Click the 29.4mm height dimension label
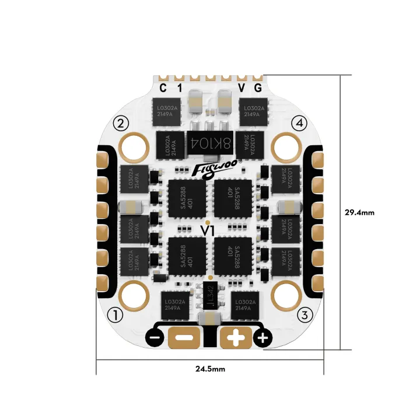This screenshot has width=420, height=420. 359,212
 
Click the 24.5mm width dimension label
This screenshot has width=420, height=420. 211,369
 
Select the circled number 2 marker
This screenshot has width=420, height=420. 121,123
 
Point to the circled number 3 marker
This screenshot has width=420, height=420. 304,315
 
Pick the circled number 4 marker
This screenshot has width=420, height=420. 299,123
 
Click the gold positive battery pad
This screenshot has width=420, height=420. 236,337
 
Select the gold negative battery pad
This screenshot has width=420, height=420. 184,337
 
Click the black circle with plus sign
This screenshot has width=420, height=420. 263,338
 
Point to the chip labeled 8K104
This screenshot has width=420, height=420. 209,142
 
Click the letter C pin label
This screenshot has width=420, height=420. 163,88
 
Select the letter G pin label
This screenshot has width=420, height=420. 258,88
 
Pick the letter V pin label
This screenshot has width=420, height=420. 242,88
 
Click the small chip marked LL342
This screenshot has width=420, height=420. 210,297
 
